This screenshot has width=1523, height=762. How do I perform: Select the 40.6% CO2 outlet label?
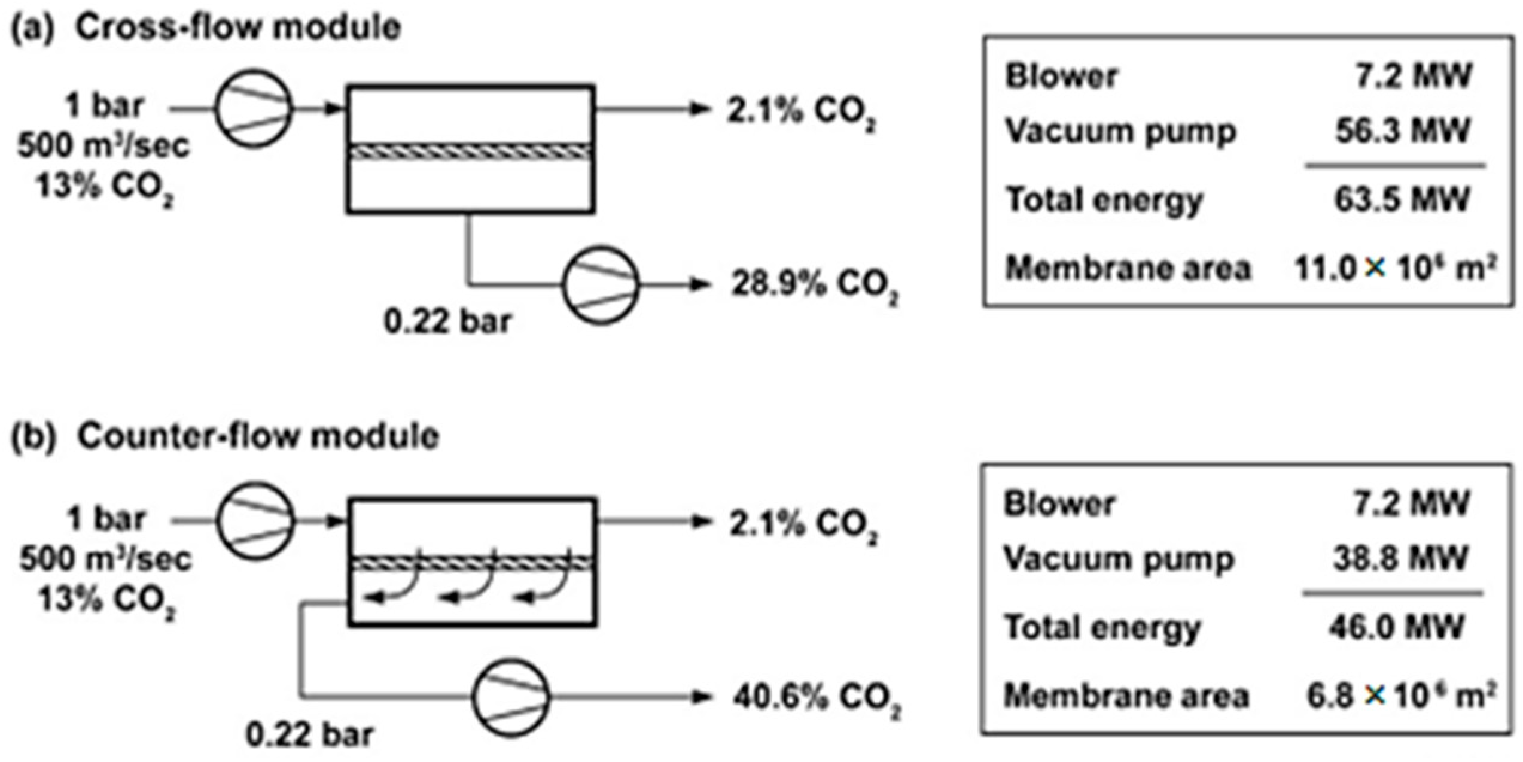[816, 698]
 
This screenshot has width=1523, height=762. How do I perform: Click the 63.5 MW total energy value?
[1402, 199]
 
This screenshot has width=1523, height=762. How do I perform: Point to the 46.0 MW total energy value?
[1397, 628]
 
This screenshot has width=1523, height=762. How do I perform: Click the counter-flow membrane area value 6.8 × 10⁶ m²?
[1400, 696]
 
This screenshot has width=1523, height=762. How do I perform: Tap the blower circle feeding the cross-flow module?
[254, 108]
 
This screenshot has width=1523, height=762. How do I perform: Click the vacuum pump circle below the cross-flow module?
[600, 285]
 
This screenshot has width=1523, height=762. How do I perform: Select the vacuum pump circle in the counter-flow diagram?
[510, 698]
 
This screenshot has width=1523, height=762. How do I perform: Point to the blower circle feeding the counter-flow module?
[255, 521]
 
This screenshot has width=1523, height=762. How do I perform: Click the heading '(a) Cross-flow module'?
[206, 28]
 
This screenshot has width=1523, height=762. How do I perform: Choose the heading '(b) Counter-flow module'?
[226, 436]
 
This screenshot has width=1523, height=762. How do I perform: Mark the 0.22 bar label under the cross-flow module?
[447, 322]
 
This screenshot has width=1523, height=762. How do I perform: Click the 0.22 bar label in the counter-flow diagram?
[310, 735]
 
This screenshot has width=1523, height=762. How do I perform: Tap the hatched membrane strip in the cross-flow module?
[471, 151]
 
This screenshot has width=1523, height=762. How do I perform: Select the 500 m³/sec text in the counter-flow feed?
[105, 559]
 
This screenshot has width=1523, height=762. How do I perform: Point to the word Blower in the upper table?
[1061, 77]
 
